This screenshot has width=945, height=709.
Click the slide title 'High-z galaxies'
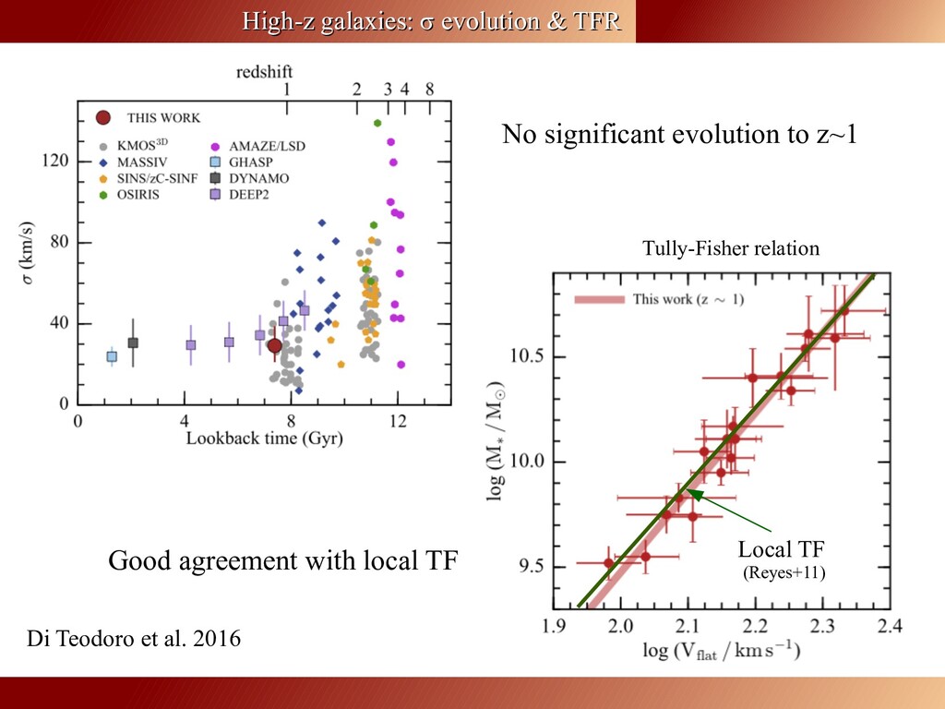point(431,20)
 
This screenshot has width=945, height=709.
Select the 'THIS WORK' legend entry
point(162,117)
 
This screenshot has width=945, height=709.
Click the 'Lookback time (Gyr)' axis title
point(264,439)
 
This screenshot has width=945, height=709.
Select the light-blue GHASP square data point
point(112,356)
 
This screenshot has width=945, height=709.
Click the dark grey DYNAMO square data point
point(133,342)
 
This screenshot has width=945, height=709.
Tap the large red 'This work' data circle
point(274,346)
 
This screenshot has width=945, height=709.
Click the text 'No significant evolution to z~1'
point(679,136)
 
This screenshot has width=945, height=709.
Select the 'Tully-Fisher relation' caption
point(730,248)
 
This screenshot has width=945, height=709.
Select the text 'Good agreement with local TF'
point(282,560)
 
